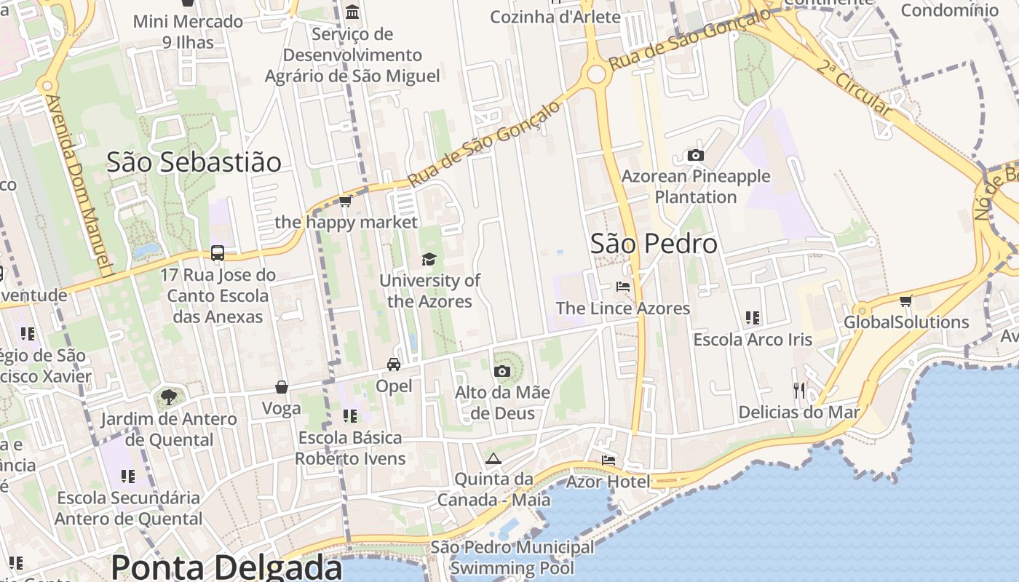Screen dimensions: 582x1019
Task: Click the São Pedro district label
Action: click(x=654, y=244)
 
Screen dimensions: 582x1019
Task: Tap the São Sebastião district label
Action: click(x=194, y=162)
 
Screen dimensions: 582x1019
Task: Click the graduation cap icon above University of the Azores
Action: click(x=429, y=259)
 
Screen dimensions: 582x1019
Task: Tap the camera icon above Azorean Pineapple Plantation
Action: click(x=696, y=155)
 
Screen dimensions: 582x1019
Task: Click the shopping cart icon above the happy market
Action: click(x=346, y=201)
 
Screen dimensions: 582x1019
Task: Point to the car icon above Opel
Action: click(x=394, y=364)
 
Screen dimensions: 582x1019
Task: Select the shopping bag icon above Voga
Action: click(x=282, y=387)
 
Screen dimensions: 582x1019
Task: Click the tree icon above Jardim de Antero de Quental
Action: click(x=168, y=397)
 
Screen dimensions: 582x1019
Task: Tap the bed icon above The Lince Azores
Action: click(x=623, y=286)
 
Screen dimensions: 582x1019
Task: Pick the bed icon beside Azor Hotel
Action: click(x=608, y=460)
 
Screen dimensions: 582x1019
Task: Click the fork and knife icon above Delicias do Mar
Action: click(x=799, y=391)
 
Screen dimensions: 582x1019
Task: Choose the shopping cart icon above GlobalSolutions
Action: click(x=906, y=300)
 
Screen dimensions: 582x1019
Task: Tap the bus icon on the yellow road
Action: click(x=218, y=253)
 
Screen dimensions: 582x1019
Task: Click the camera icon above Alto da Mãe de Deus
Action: click(x=501, y=371)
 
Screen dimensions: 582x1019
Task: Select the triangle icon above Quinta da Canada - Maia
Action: click(x=493, y=458)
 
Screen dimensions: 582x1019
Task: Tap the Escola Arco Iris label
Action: click(x=753, y=340)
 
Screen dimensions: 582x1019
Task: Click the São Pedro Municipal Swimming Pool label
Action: click(x=512, y=557)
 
